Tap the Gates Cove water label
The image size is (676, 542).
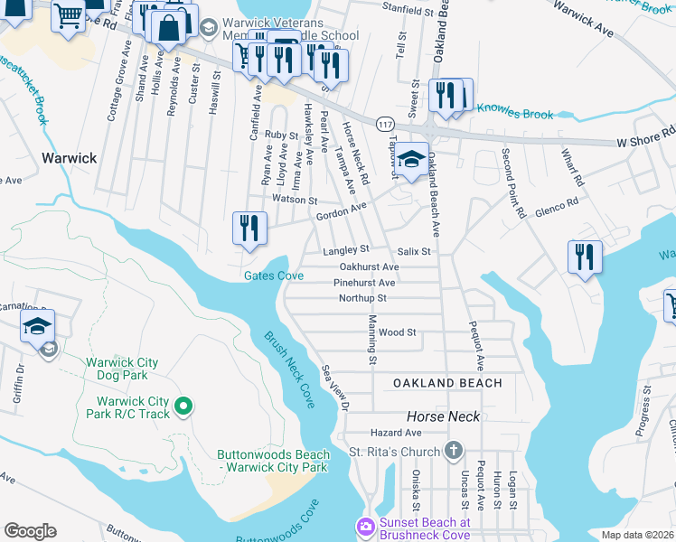point(273,276)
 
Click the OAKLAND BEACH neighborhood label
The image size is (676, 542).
point(447,383)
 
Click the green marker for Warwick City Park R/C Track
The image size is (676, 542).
point(183,407)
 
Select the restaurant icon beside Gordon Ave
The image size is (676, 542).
point(249,229)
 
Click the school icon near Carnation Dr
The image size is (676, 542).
point(37,326)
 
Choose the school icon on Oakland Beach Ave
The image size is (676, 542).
point(411,161)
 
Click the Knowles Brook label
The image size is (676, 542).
point(514,113)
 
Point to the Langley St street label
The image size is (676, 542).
point(347,248)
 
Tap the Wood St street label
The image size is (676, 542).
point(397,332)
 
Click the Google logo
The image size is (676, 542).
point(30,531)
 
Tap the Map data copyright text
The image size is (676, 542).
point(638,535)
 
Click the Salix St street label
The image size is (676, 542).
point(413,251)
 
